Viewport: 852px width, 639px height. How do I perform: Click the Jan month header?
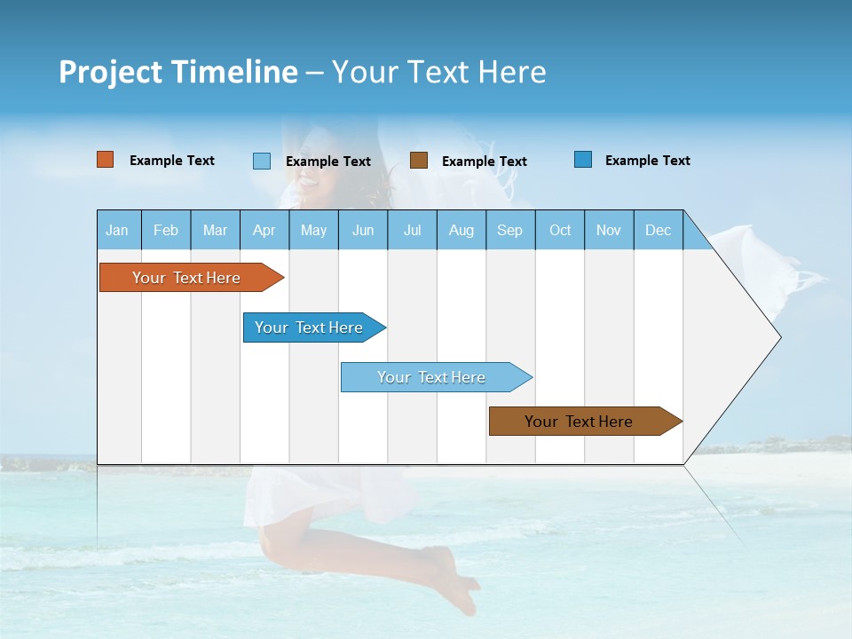pyautogui.click(x=118, y=230)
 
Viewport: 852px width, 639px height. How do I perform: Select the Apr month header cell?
pyautogui.click(x=264, y=230)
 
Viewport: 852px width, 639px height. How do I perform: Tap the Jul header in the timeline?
pyautogui.click(x=412, y=230)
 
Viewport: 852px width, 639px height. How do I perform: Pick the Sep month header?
pyautogui.click(x=509, y=230)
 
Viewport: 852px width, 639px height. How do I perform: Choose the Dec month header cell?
pyautogui.click(x=658, y=230)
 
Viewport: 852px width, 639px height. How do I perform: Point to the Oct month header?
pyautogui.click(x=560, y=230)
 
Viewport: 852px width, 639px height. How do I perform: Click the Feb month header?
pyautogui.click(x=166, y=230)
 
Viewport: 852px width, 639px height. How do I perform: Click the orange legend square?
pyautogui.click(x=106, y=160)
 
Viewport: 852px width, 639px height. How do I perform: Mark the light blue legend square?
pyautogui.click(x=262, y=161)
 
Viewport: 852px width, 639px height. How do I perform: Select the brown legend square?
pyautogui.click(x=419, y=161)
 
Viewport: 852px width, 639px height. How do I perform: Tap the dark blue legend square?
pyautogui.click(x=583, y=160)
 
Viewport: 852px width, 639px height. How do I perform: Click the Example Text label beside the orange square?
pyautogui.click(x=172, y=161)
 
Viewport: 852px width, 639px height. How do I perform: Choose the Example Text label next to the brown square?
pyautogui.click(x=485, y=162)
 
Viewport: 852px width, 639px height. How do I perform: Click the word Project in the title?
pyautogui.click(x=110, y=72)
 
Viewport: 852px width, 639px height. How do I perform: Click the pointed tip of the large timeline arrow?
pyautogui.click(x=778, y=337)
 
